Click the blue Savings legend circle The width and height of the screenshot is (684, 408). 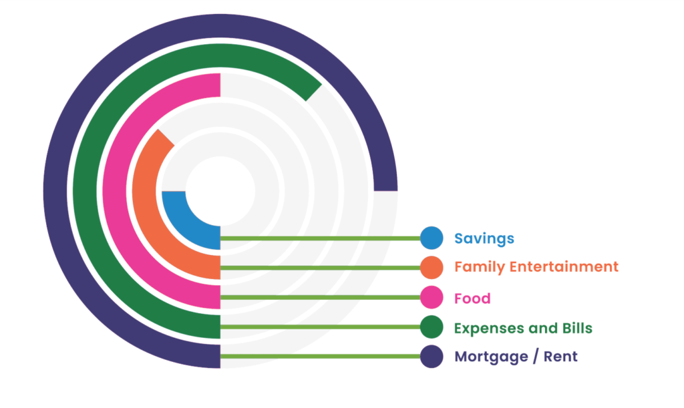(432, 238)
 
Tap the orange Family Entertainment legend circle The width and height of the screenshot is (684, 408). (432, 267)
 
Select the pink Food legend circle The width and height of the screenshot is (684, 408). (432, 297)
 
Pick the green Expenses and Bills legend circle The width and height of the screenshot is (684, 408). (432, 327)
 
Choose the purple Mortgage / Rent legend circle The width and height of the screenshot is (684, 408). (432, 357)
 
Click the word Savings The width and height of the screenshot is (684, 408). (484, 238)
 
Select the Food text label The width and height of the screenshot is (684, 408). (472, 298)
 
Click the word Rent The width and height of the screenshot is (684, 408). (560, 357)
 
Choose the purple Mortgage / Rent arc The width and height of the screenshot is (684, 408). (57, 200)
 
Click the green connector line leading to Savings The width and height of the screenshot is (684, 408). (321, 238)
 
